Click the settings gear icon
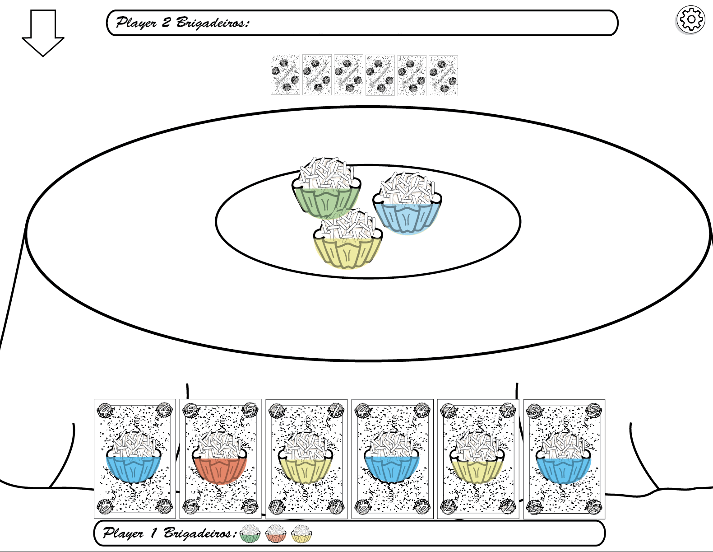pyautogui.click(x=690, y=20)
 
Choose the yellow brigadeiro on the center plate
pyautogui.click(x=347, y=239)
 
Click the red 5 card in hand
pyautogui.click(x=220, y=459)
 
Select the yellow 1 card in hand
pyautogui.click(x=306, y=459)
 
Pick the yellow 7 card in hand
pyautogui.click(x=478, y=459)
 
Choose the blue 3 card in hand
pyautogui.click(x=564, y=459)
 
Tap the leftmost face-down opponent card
pyautogui.click(x=285, y=75)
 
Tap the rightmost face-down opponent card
pyautogui.click(x=443, y=75)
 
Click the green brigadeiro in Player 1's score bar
pyautogui.click(x=250, y=533)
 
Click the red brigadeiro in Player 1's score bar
pyautogui.click(x=276, y=533)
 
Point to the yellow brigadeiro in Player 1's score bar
pyautogui.click(x=301, y=533)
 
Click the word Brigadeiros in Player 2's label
pyautogui.click(x=212, y=23)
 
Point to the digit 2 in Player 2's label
pyautogui.click(x=166, y=22)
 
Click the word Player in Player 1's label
pyautogui.click(x=123, y=533)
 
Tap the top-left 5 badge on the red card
pyautogui.click(x=191, y=410)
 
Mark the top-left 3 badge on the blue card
pyautogui.click(x=534, y=410)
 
